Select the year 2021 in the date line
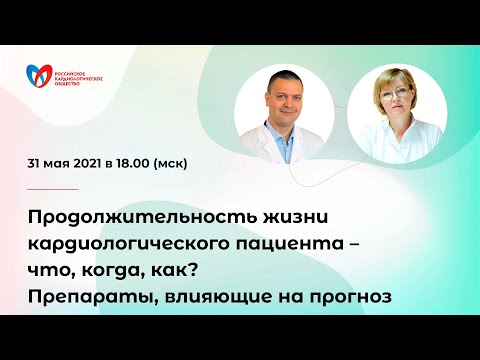106,163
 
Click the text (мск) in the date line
196,163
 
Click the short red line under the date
56,189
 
